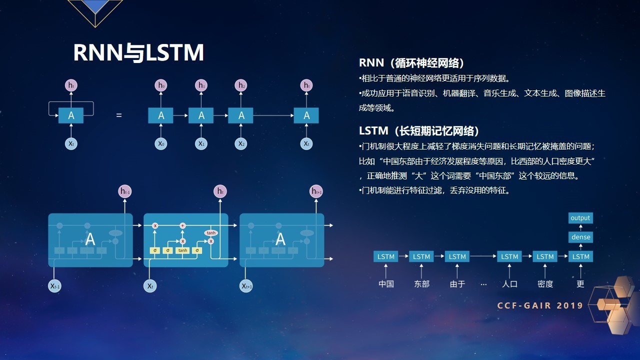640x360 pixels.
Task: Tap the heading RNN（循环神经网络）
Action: (x=412, y=63)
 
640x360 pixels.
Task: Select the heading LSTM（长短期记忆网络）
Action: (x=419, y=131)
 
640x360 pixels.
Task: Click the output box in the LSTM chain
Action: (x=580, y=218)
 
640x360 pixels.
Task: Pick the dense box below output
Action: (x=580, y=237)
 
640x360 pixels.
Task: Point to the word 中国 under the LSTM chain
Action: (x=386, y=284)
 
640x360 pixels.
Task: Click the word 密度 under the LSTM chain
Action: (x=545, y=284)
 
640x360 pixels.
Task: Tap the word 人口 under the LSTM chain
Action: (x=509, y=284)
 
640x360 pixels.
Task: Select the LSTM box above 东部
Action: (x=421, y=256)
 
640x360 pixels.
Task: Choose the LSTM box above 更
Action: (x=580, y=256)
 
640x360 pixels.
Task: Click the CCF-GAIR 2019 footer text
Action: (x=540, y=305)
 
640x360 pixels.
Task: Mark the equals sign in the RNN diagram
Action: (x=119, y=115)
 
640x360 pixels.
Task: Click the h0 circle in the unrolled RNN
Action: (x=161, y=85)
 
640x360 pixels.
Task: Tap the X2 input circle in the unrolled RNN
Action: (x=241, y=144)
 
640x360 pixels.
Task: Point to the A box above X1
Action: (x=201, y=115)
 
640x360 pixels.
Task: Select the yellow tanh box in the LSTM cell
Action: (x=182, y=250)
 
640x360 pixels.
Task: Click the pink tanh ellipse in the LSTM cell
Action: (x=210, y=233)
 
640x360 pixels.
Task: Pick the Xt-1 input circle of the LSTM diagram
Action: (x=54, y=286)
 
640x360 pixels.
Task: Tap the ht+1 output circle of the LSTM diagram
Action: (x=316, y=191)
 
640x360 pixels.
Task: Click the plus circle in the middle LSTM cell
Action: (x=182, y=226)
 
